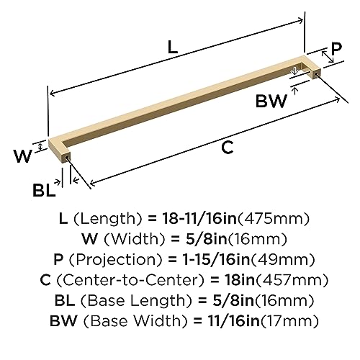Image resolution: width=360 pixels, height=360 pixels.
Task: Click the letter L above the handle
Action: pos(172,48)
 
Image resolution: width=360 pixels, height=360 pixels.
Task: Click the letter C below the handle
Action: pos(228,148)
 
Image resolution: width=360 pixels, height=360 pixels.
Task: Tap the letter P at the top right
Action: pos(336,51)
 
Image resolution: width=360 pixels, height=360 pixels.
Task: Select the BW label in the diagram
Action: pos(271,102)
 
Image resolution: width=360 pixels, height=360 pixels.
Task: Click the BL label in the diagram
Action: pos(44,190)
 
